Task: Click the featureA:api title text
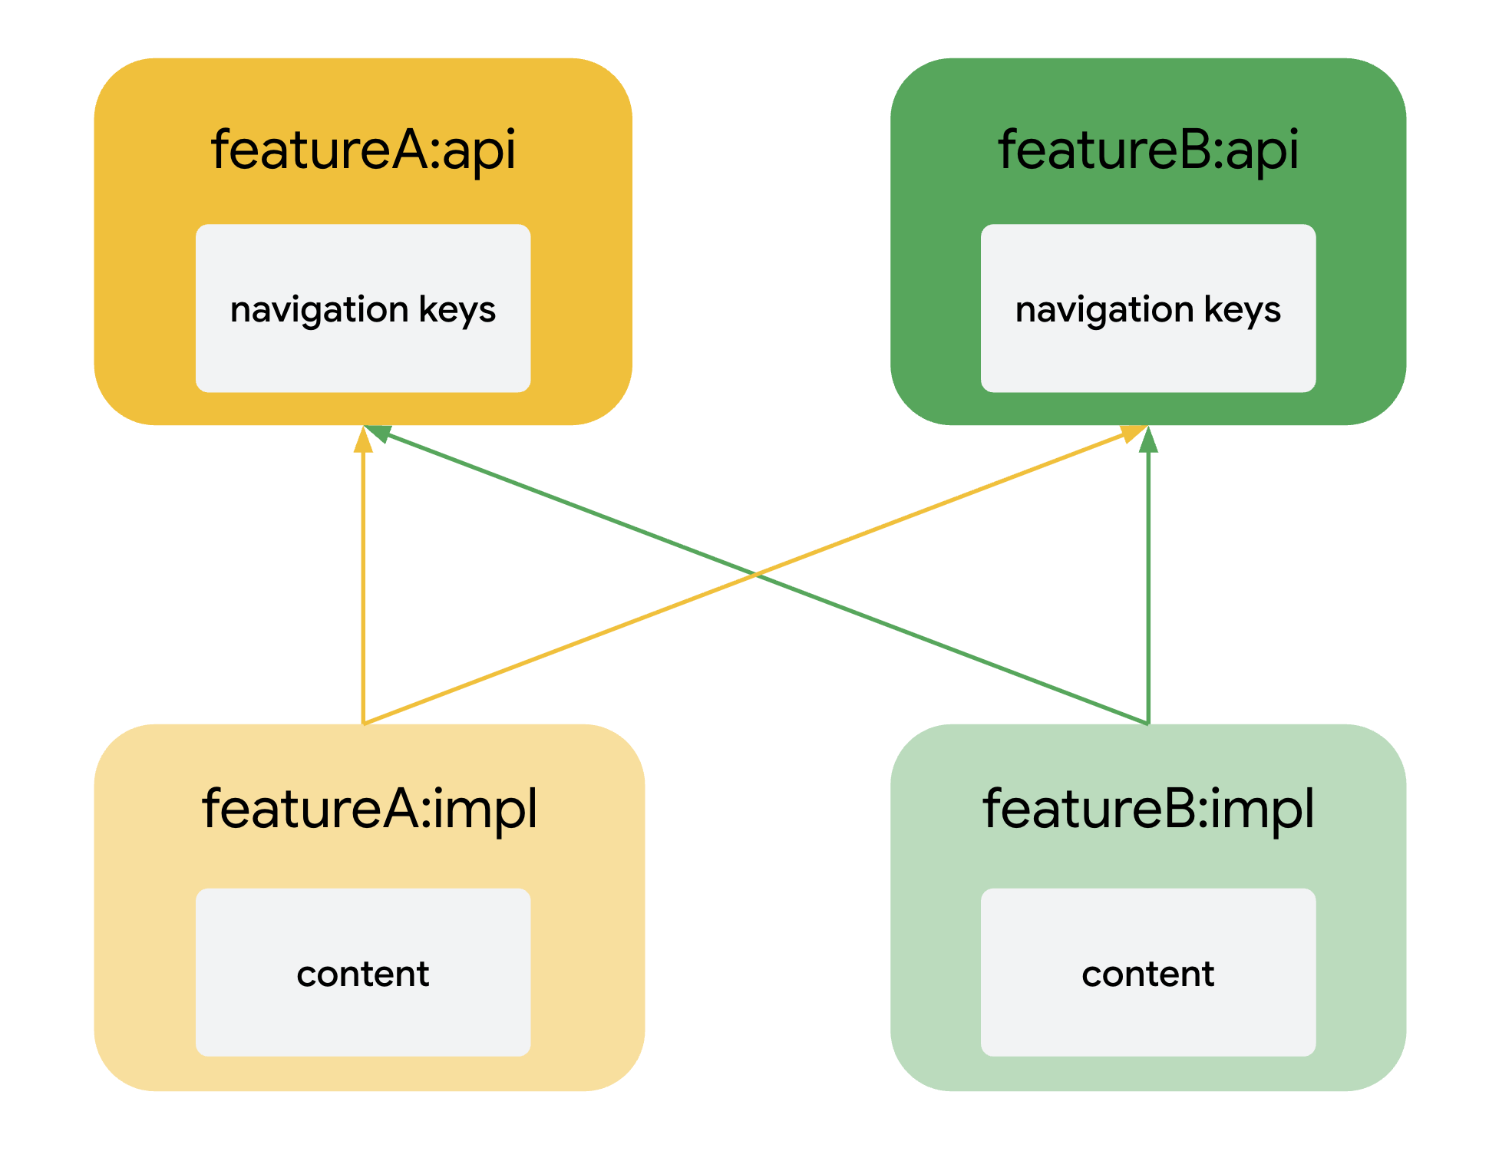click(363, 150)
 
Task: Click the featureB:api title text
click(1148, 150)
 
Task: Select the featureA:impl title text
click(369, 809)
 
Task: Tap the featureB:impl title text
click(1148, 809)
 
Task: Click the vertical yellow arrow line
click(363, 583)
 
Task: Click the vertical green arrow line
click(1148, 583)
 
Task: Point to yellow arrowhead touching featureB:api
click(1133, 434)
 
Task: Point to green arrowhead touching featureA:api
click(378, 433)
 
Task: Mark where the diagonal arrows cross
click(756, 574)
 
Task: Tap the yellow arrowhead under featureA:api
click(363, 440)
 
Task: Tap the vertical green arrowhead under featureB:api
click(1148, 440)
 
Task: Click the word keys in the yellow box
click(457, 310)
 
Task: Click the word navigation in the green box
click(1104, 310)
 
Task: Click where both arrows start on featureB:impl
click(1147, 723)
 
